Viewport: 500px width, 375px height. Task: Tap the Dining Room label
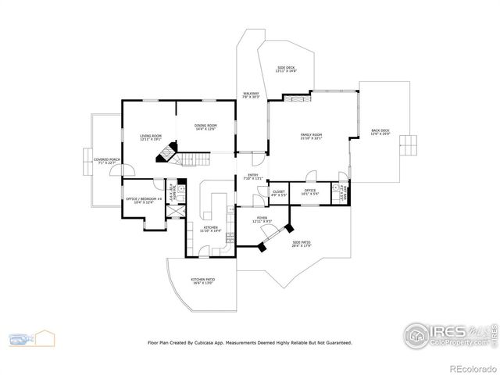tap(205, 127)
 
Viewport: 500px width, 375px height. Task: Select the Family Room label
tap(311, 137)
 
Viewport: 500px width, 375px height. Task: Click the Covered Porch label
tap(107, 161)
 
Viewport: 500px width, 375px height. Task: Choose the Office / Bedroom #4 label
tap(144, 200)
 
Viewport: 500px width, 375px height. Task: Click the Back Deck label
tap(380, 133)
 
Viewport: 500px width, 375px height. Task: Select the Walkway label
tap(251, 95)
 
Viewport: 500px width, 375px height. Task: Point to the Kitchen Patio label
tap(202, 280)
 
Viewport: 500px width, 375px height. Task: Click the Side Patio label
tap(302, 244)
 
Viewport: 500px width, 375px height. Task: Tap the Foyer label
tap(261, 220)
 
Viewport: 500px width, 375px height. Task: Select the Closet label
tap(279, 192)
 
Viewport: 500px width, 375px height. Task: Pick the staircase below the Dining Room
tap(196, 159)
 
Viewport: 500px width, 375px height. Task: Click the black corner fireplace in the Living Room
tap(165, 153)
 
